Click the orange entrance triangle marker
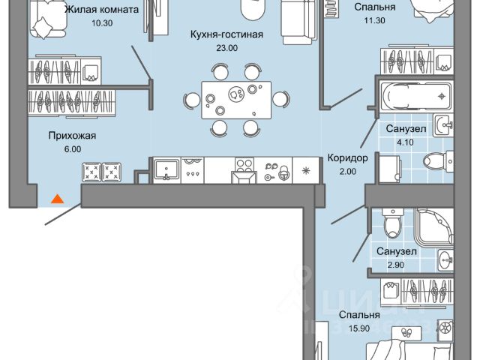pos(55,199)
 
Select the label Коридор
pos(348,157)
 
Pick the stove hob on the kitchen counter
pos(244,166)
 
